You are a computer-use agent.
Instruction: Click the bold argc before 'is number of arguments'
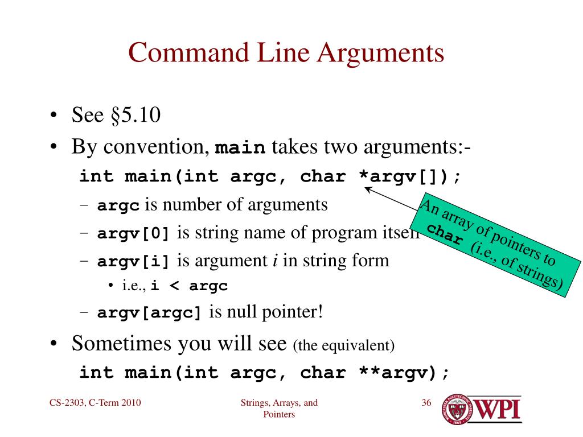tap(118, 206)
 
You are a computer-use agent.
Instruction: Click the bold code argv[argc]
tap(150, 314)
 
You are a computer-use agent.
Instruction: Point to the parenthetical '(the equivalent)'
tap(343, 345)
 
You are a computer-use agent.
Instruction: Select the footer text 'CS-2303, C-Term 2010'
tap(95, 403)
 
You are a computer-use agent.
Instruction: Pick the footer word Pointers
tap(279, 415)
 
